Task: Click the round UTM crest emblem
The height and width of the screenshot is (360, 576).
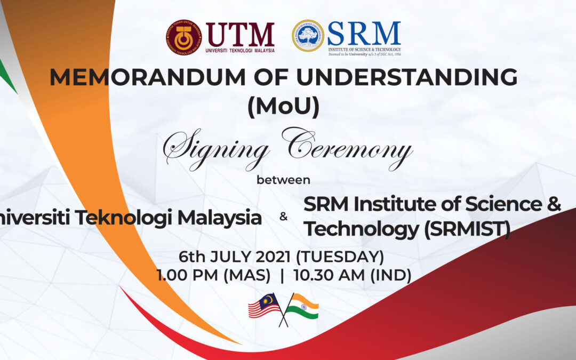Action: (x=183, y=38)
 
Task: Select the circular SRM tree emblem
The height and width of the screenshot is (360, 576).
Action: (x=308, y=36)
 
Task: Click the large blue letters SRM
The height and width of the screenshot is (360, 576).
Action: (x=364, y=34)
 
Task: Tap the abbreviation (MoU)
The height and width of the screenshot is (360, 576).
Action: (x=283, y=107)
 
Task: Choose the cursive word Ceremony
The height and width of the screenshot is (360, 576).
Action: (x=347, y=148)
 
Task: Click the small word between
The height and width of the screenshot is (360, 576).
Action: (x=283, y=180)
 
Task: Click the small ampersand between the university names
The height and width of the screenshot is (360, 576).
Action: (x=283, y=218)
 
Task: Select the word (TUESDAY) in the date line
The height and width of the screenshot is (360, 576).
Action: (x=340, y=257)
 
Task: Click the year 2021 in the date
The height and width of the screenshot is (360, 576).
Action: (x=273, y=257)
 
